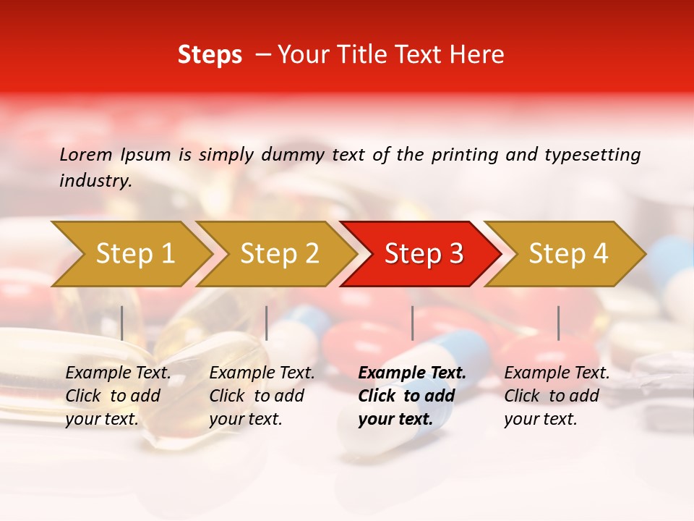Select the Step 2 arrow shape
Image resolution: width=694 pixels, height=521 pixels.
point(278,254)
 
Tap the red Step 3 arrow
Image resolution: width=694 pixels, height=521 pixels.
point(423,254)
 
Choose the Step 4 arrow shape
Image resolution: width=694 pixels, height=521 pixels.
point(567,254)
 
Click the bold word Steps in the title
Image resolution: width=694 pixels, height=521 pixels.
point(210,54)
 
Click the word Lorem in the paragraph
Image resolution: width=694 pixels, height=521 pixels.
point(86,154)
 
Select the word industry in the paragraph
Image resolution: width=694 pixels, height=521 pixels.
point(95,181)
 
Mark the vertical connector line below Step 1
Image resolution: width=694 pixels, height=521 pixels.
point(122,323)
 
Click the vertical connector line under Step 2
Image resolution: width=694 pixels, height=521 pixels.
point(267,323)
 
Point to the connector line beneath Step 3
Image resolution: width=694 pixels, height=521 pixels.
point(412,323)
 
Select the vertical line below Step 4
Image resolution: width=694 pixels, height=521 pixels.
point(558,323)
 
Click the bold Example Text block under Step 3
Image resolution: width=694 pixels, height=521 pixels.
point(411,396)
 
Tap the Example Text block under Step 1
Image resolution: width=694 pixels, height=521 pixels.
point(118,396)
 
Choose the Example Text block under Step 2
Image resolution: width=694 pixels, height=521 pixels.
point(262,396)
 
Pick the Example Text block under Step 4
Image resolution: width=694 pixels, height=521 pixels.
point(557,396)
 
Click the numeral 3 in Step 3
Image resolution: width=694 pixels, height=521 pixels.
point(455,254)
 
